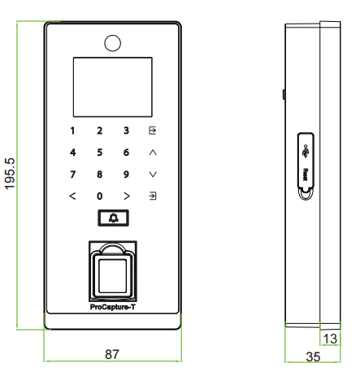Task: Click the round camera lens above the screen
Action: pyautogui.click(x=112, y=43)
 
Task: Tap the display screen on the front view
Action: pyautogui.click(x=113, y=87)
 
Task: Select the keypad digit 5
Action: pyautogui.click(x=100, y=153)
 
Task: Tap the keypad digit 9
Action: pyautogui.click(x=126, y=175)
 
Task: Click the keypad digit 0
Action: pyautogui.click(x=100, y=196)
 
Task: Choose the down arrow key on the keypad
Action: pyautogui.click(x=153, y=175)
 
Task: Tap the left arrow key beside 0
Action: pyautogui.click(x=72, y=196)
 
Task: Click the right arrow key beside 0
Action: pyautogui.click(x=127, y=196)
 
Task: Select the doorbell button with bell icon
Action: pyautogui.click(x=113, y=218)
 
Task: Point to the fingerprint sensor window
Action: pyautogui.click(x=113, y=276)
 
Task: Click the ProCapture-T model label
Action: pyautogui.click(x=112, y=307)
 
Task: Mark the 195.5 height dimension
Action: pyautogui.click(x=10, y=174)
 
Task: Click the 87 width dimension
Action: pyautogui.click(x=112, y=354)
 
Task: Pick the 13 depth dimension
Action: pyautogui.click(x=330, y=339)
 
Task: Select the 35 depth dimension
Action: pyautogui.click(x=313, y=356)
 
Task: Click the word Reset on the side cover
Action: pyautogui.click(x=306, y=175)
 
